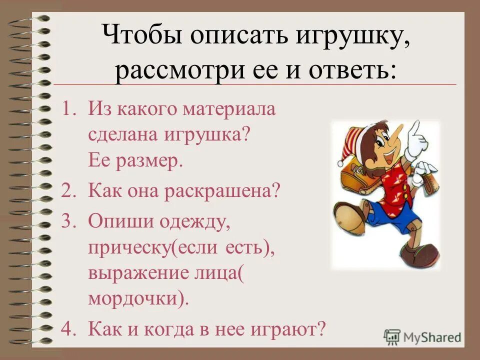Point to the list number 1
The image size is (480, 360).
pyautogui.click(x=69, y=109)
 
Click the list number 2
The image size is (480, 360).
pyautogui.click(x=69, y=191)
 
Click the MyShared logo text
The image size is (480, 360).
pyautogui.click(x=432, y=336)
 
